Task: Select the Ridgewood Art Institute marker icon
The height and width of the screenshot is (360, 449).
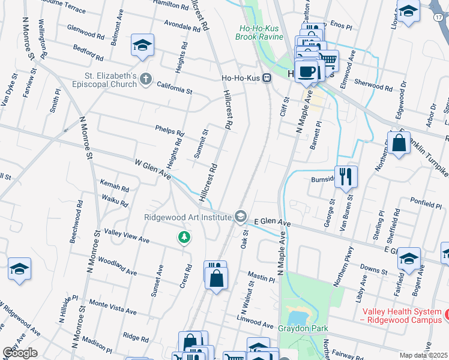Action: point(241,216)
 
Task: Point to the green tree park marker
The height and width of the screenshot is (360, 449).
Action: point(184,238)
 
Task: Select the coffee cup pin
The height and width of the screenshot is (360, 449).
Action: point(306,71)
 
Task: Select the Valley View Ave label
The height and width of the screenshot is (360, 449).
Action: point(126,235)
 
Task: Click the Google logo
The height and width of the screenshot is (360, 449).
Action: point(20,353)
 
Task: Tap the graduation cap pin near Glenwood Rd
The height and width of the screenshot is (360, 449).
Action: point(142,45)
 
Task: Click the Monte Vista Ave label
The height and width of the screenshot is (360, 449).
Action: point(112,307)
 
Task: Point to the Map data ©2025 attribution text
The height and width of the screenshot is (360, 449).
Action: point(424,355)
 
